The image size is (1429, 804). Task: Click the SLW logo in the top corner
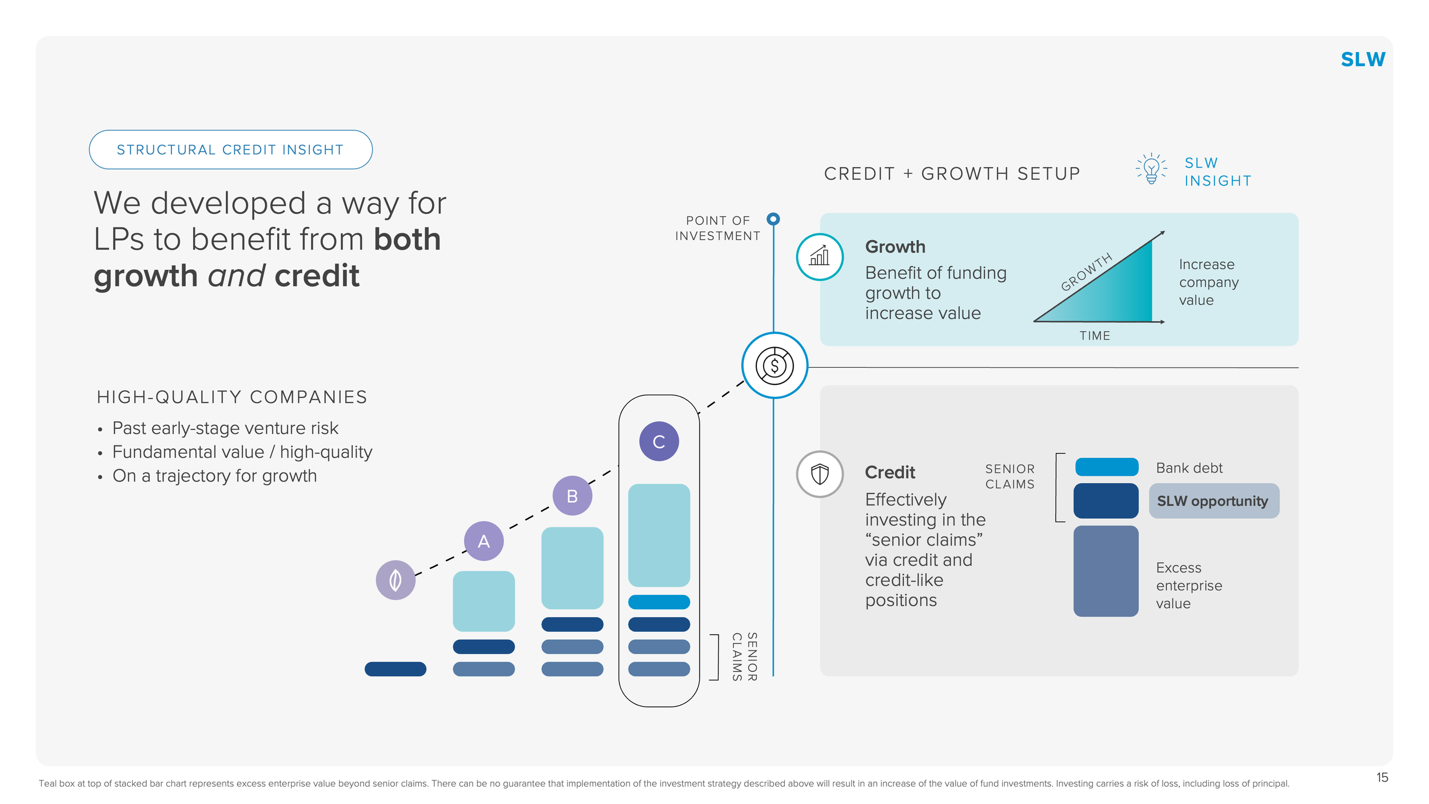click(1362, 59)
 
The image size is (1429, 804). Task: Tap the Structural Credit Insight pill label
click(230, 150)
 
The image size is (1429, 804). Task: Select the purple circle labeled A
click(484, 541)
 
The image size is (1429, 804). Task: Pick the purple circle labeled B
click(572, 496)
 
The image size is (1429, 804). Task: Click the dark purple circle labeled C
click(659, 441)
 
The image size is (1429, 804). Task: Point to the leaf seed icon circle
click(395, 580)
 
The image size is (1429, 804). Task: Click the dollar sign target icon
click(775, 365)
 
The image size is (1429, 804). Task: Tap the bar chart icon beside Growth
click(820, 257)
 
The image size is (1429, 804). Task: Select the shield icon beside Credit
click(820, 474)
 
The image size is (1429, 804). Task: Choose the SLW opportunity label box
click(1214, 501)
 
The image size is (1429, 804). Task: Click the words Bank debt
click(1189, 468)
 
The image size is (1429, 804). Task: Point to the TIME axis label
click(1095, 336)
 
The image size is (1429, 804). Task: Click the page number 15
click(1382, 778)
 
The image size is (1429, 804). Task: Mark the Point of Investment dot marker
click(773, 219)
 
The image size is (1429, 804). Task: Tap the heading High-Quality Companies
click(232, 397)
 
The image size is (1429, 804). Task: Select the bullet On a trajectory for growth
click(214, 476)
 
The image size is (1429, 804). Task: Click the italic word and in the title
click(237, 276)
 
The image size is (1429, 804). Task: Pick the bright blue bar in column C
click(659, 602)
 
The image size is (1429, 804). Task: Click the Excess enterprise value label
click(1188, 586)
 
